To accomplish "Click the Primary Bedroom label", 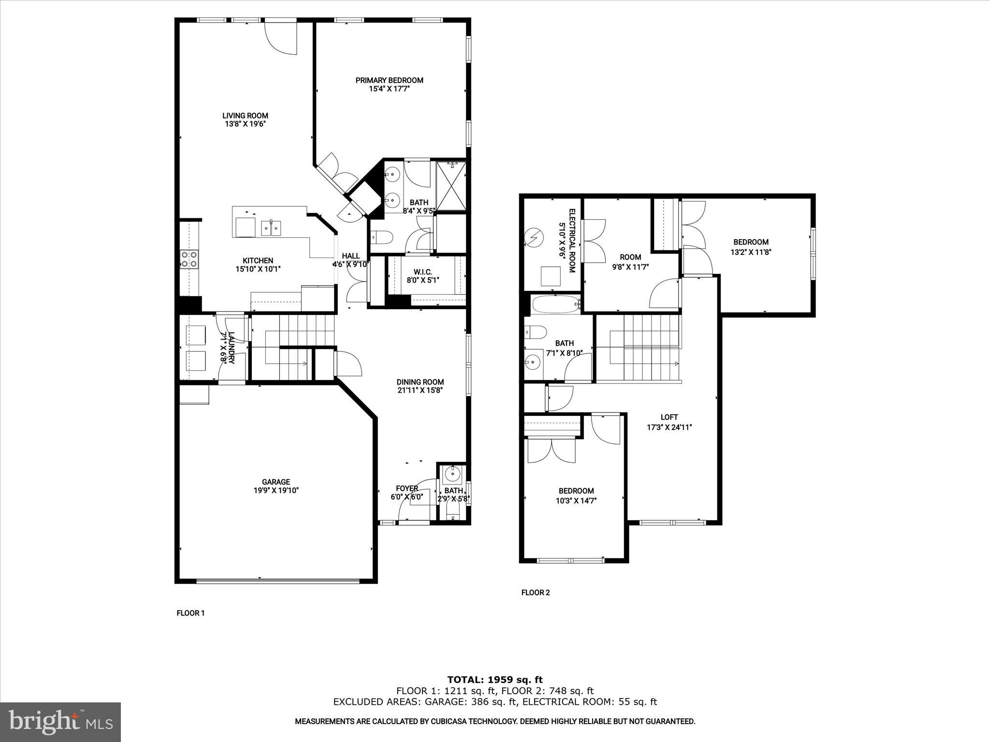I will [389, 80].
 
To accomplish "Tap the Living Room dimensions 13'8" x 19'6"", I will [245, 124].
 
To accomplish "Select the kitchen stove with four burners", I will [189, 259].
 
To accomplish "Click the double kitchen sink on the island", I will [271, 227].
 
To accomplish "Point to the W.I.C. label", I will [423, 272].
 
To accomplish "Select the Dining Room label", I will [420, 382].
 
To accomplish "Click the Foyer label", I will [407, 488].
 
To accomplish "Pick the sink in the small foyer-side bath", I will [453, 474].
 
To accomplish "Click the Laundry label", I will [231, 347].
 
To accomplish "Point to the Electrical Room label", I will [571, 241].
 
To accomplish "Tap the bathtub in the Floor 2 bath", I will [555, 304].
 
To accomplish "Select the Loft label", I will [669, 417].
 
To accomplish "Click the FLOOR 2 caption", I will [536, 592].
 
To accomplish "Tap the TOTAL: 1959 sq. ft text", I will [495, 680].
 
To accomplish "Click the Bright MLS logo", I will [60, 722].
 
